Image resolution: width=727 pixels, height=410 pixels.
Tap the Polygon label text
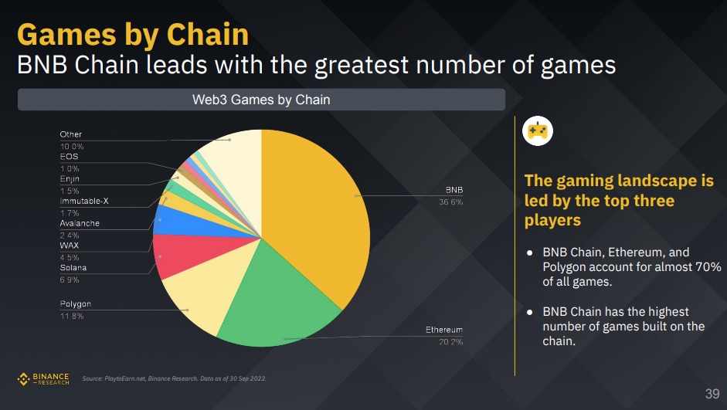pyautogui.click(x=76, y=304)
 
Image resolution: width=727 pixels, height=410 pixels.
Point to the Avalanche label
pyautogui.click(x=80, y=224)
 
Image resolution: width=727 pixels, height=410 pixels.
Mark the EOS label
pyautogui.click(x=69, y=157)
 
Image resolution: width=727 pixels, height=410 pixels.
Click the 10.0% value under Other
pyautogui.click(x=72, y=146)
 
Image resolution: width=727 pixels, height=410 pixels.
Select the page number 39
pyautogui.click(x=712, y=394)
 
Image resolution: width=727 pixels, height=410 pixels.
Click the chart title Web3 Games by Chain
pyautogui.click(x=260, y=100)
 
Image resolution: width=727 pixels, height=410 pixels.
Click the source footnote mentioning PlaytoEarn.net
pyautogui.click(x=175, y=378)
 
